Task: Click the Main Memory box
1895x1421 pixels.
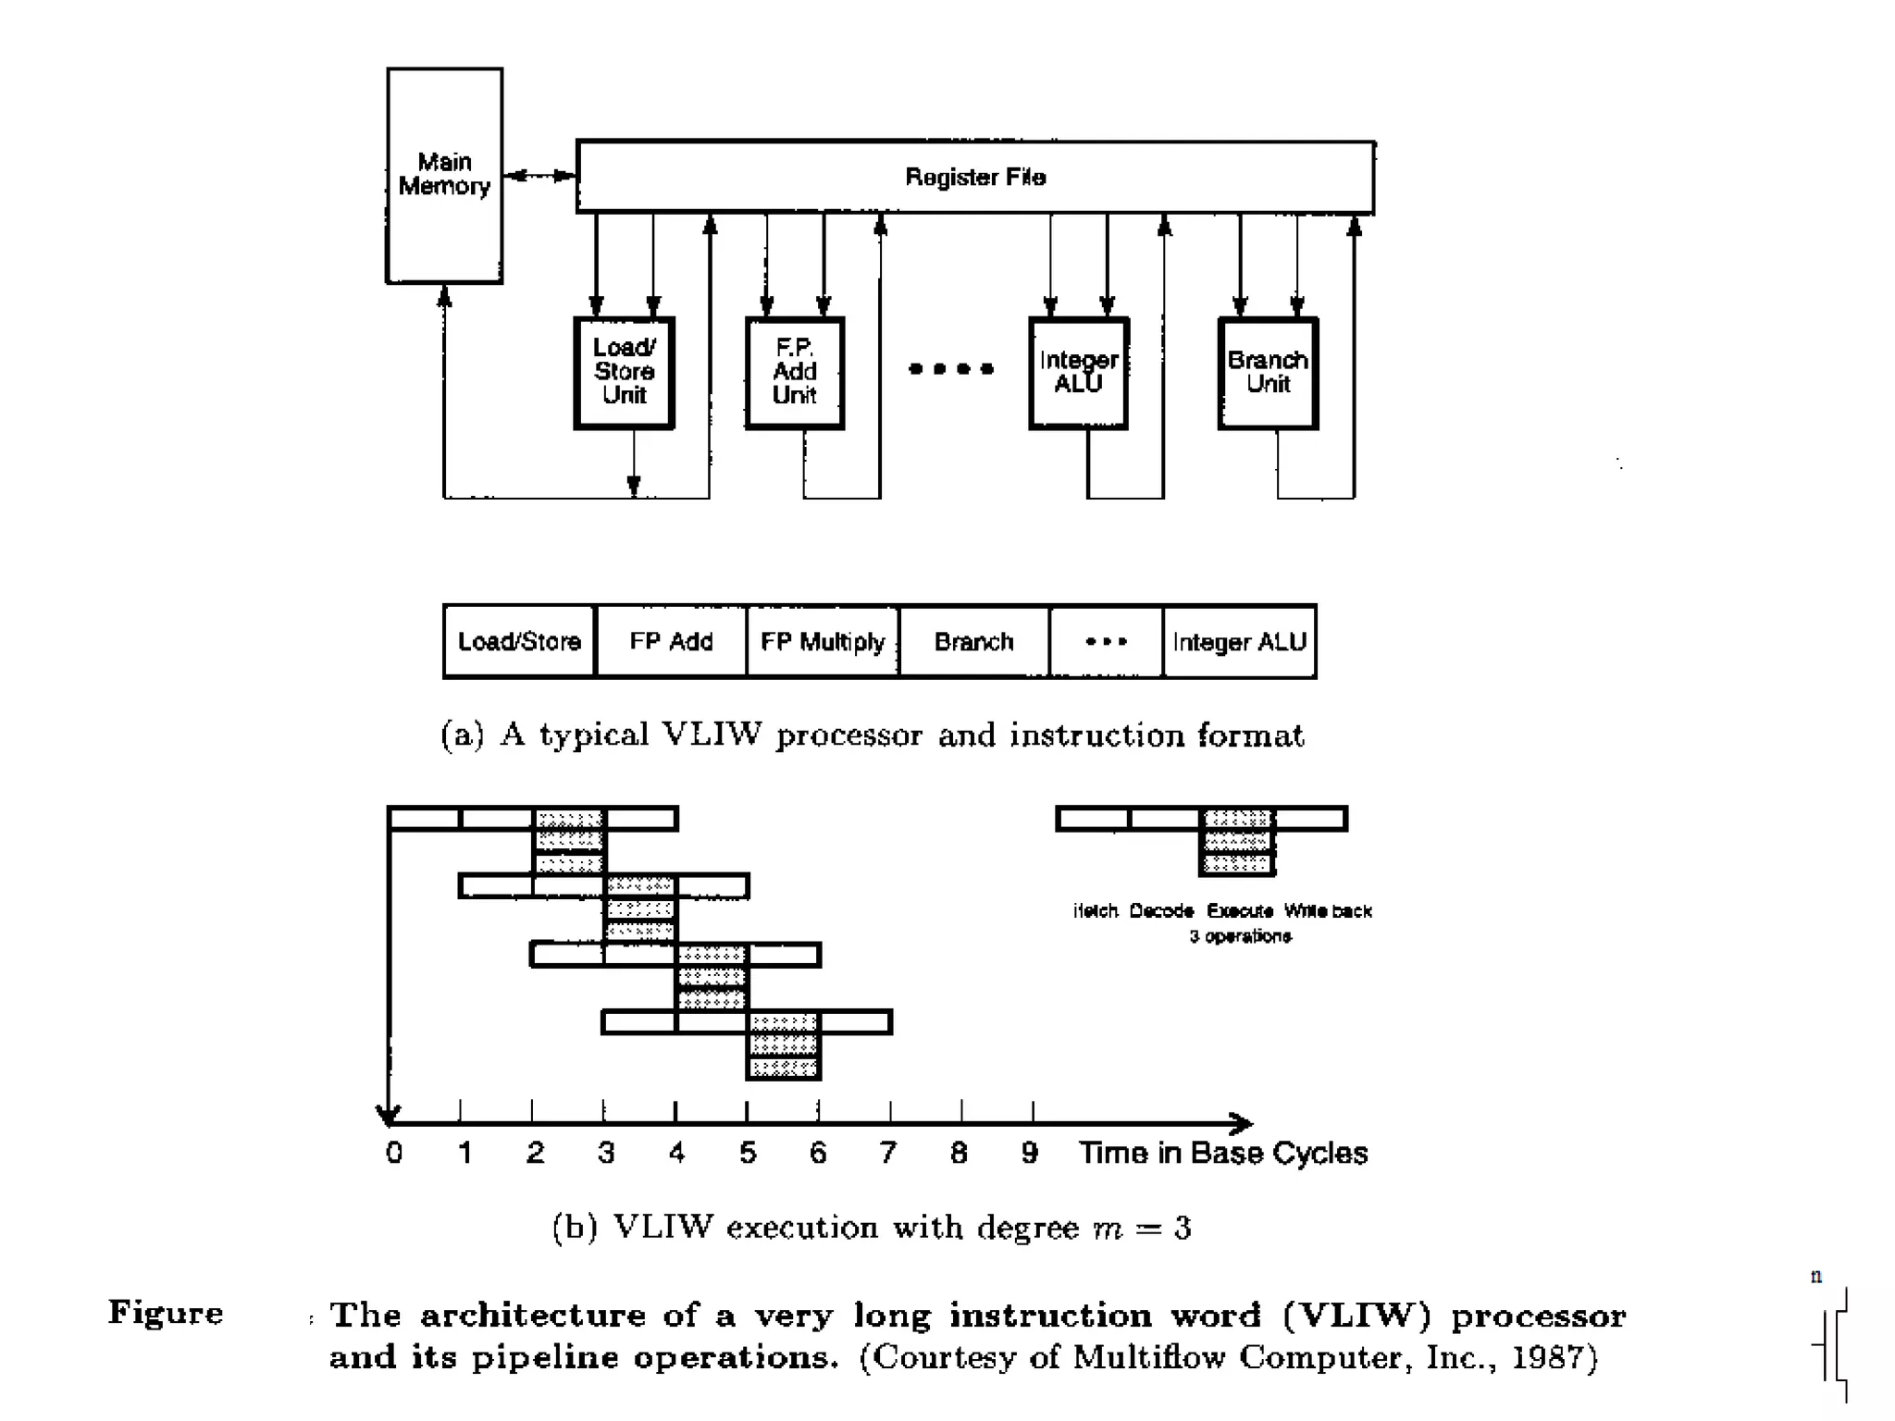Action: (x=444, y=175)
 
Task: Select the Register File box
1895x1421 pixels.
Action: (x=975, y=177)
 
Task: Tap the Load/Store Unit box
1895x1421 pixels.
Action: (x=624, y=372)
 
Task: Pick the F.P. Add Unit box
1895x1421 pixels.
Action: (x=795, y=372)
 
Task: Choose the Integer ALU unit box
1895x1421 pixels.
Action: (x=1078, y=372)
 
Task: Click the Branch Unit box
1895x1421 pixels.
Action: (x=1268, y=372)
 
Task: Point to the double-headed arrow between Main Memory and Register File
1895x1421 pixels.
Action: (x=539, y=175)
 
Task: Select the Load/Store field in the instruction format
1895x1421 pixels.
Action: (x=519, y=641)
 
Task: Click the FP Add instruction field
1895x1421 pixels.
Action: (x=671, y=641)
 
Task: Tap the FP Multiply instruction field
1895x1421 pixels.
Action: (x=823, y=641)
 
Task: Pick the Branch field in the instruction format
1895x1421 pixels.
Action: (x=973, y=641)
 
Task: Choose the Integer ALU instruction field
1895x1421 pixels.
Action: (x=1239, y=641)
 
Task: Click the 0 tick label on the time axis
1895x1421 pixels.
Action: (x=394, y=1153)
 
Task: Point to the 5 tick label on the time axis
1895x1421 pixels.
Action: (x=748, y=1153)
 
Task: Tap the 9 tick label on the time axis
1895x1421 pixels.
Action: (x=1029, y=1153)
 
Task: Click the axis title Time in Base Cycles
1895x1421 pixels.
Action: (x=1222, y=1153)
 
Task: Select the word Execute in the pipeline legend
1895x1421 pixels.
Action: (x=1240, y=911)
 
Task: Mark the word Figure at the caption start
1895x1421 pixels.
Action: (x=166, y=1314)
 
